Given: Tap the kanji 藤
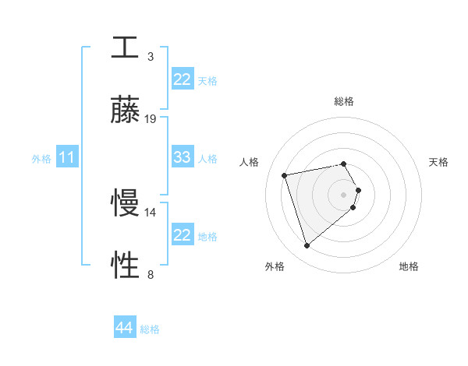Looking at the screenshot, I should click(x=125, y=111).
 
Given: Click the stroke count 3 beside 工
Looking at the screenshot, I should click(x=150, y=56).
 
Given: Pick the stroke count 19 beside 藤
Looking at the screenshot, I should click(x=151, y=118).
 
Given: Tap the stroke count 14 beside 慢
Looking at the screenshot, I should click(x=151, y=212).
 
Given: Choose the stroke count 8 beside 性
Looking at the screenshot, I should click(x=150, y=274).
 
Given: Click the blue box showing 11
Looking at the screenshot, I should click(x=67, y=158).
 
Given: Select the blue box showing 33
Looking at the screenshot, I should click(x=183, y=158).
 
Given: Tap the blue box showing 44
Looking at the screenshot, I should click(x=125, y=329).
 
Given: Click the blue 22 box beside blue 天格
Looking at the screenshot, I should click(x=183, y=80).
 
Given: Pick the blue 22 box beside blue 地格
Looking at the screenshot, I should click(x=183, y=235).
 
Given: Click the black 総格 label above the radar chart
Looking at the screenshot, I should click(x=344, y=101).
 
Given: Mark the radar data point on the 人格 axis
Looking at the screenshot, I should click(x=285, y=174).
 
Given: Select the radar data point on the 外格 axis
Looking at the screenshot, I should click(x=307, y=246).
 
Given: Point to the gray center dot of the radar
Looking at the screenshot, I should click(x=344, y=194).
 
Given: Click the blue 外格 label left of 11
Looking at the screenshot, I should click(x=41, y=159).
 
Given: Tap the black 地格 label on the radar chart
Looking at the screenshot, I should click(x=409, y=266).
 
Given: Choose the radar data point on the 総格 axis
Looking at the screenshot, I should click(x=344, y=164).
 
